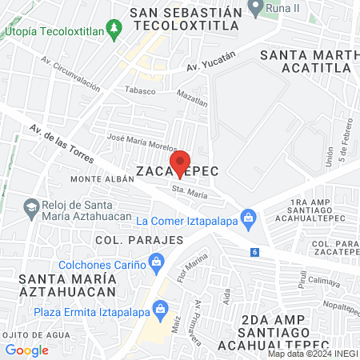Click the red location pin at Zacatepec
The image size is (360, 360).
click(x=180, y=162)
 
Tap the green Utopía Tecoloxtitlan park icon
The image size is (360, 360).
click(x=115, y=30)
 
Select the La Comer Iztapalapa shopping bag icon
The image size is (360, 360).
click(x=249, y=216)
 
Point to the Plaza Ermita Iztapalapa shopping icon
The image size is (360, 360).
click(x=162, y=308)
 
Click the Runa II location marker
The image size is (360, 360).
click(x=256, y=9)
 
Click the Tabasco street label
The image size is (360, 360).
click(x=138, y=90)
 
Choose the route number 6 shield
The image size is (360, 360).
click(x=254, y=252)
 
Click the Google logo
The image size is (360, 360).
click(x=26, y=350)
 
